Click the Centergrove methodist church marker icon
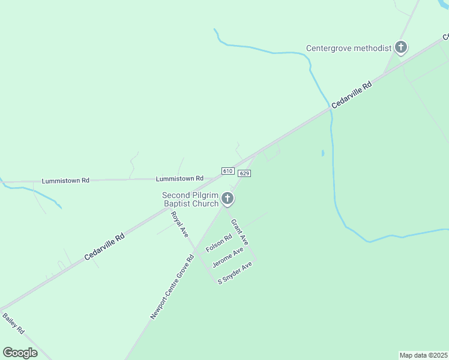(401, 47)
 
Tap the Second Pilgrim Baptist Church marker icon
(227, 198)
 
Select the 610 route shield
(228, 171)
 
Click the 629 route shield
(244, 173)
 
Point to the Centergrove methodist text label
(348, 48)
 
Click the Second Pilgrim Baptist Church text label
(190, 200)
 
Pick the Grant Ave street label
(240, 232)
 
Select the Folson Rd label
(218, 243)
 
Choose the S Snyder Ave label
(235, 272)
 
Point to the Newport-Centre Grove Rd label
(173, 287)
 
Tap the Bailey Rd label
(13, 323)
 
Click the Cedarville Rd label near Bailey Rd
(104, 246)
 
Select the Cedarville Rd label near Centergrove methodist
(352, 95)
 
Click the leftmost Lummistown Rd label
(65, 181)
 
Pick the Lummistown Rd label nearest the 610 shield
(179, 179)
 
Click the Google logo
(20, 353)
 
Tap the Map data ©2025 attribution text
(424, 355)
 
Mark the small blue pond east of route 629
(323, 154)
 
